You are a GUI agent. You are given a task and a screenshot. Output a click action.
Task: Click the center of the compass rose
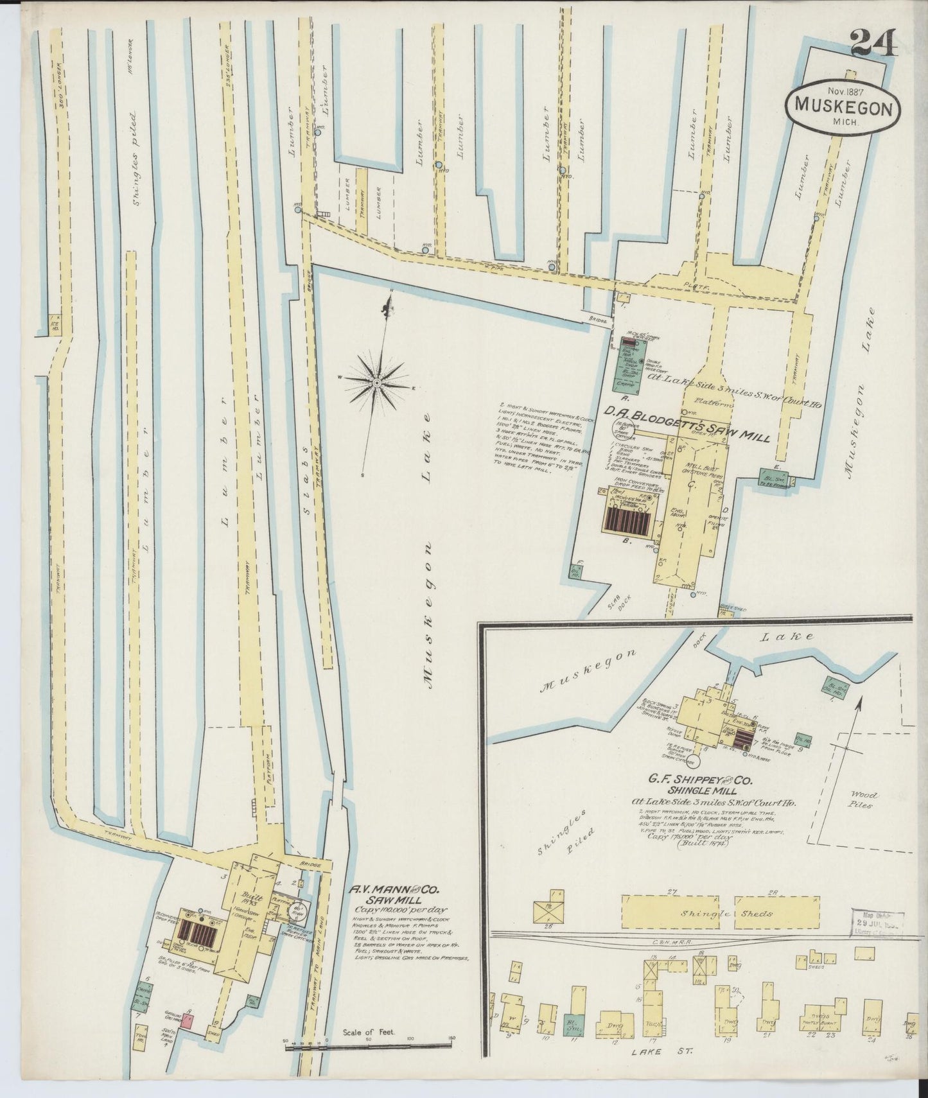(376, 383)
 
